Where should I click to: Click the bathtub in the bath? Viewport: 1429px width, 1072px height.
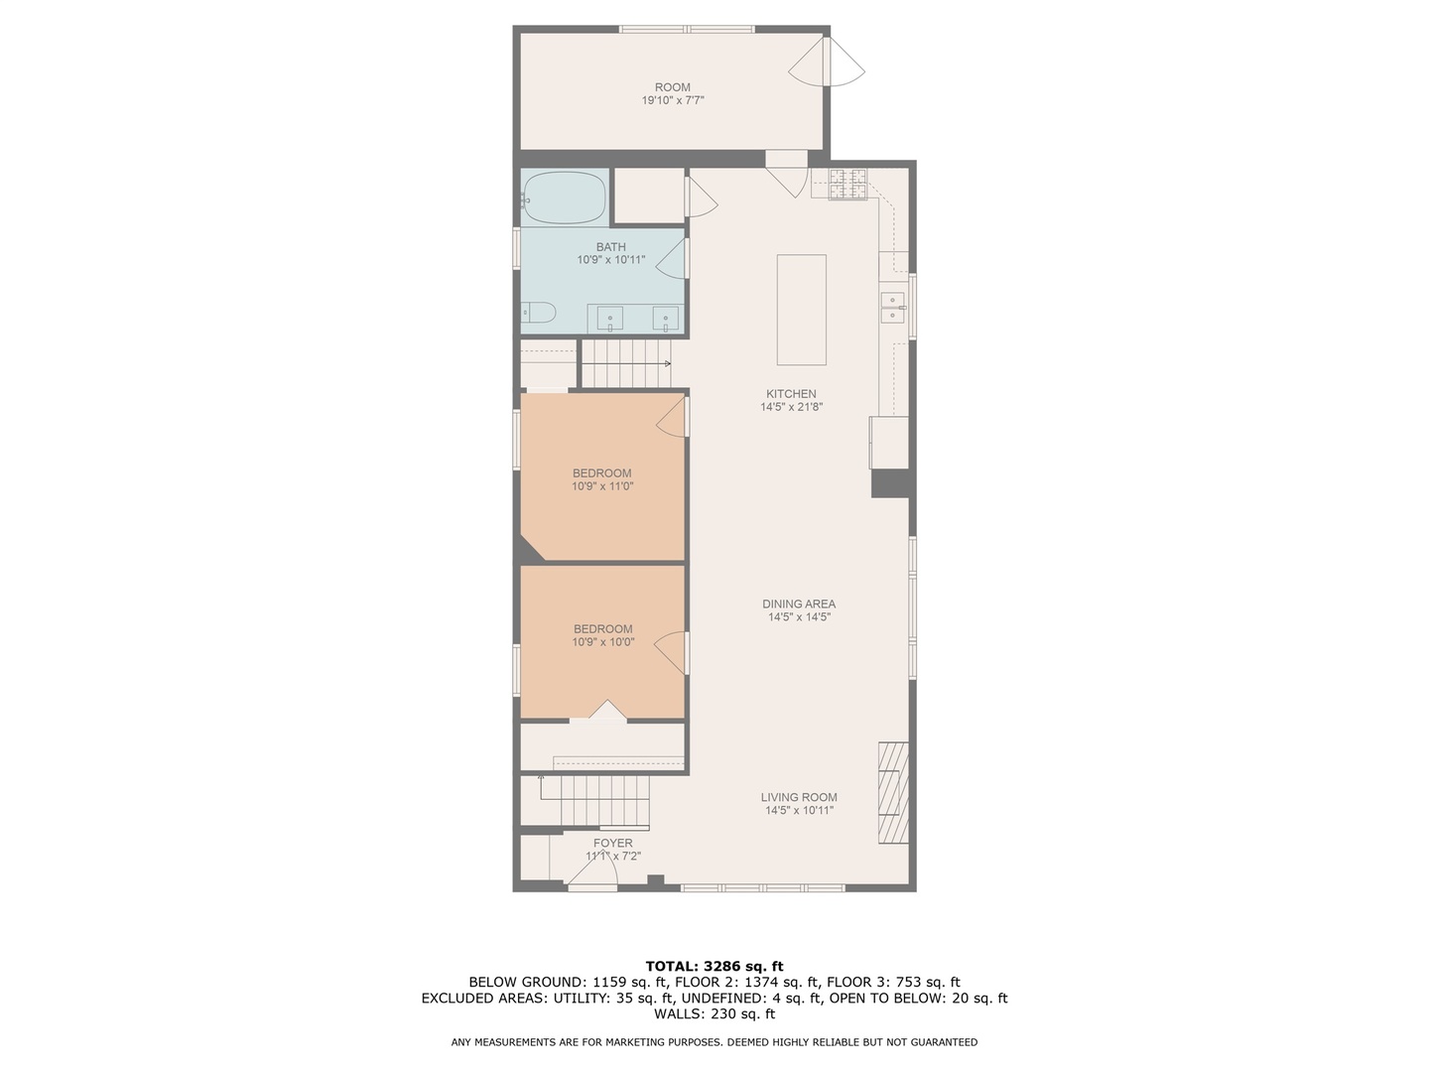565,199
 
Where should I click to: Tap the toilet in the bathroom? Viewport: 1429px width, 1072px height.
539,313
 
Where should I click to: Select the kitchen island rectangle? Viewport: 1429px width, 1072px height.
801,310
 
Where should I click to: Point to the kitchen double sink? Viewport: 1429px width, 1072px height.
892,308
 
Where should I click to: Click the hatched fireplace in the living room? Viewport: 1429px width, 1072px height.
893,792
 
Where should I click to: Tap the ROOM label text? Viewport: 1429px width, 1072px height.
672,87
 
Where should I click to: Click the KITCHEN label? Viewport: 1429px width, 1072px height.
791,394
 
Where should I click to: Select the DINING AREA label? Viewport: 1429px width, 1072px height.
799,603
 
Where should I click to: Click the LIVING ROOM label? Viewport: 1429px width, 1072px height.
799,797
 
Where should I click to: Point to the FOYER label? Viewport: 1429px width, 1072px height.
613,843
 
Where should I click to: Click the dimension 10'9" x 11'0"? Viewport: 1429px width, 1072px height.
602,486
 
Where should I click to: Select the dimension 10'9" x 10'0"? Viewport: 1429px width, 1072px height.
602,642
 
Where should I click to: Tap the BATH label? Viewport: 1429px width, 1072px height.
611,247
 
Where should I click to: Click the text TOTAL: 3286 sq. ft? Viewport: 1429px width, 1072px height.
714,966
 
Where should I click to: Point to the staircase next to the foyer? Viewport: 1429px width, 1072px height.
592,800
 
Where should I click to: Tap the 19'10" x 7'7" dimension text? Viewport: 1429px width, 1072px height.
672,100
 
